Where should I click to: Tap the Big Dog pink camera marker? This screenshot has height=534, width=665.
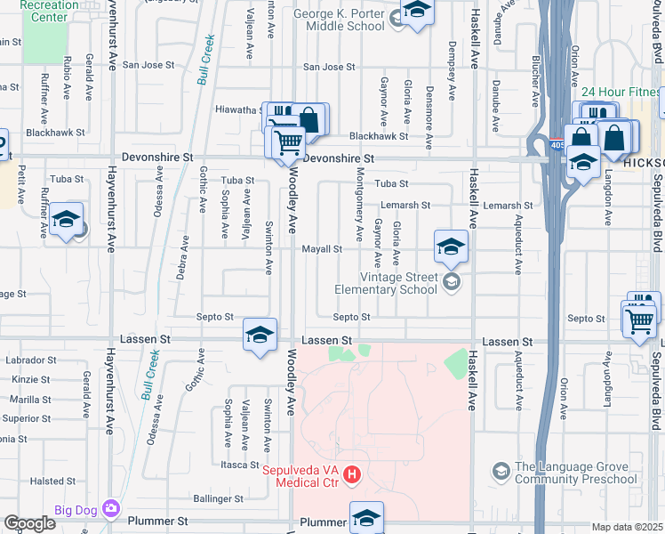111,508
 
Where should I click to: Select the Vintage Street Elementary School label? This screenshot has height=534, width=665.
386,283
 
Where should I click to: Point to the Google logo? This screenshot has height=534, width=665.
28,523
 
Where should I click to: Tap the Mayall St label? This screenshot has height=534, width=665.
321,249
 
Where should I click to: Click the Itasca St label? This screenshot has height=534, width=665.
239,465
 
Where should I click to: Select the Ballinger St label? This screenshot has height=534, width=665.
218,499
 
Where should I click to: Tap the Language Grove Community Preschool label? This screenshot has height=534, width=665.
576,473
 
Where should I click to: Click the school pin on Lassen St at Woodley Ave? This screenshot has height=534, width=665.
260,336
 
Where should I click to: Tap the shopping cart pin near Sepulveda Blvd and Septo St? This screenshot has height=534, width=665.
639,320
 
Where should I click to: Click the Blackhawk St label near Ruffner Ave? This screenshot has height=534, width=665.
55,133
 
